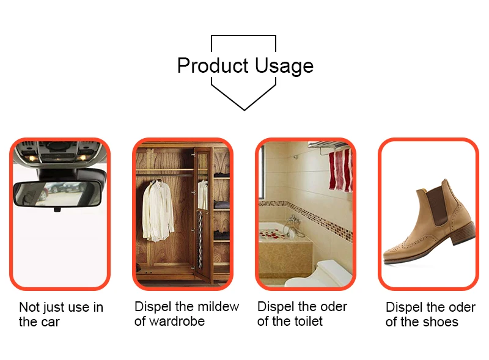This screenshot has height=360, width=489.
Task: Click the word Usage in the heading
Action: [284, 67]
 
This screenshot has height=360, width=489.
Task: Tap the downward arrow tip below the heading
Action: [244, 110]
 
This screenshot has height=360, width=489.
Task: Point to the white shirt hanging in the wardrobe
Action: [158, 211]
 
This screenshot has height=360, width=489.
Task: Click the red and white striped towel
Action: [340, 170]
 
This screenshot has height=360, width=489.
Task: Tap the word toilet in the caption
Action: [307, 321]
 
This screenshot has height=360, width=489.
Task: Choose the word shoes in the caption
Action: [441, 322]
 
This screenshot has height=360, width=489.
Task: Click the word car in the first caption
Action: [50, 323]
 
